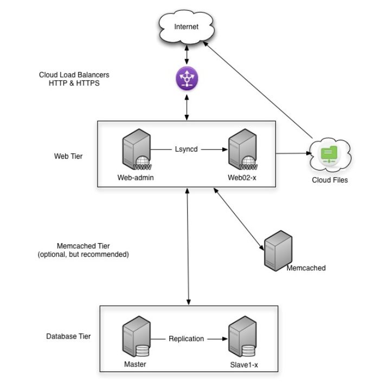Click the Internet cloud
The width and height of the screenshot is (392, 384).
186,26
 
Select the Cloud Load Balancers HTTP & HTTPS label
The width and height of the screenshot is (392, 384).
70,79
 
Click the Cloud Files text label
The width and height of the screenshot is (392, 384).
330,180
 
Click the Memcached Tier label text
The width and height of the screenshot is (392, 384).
83,249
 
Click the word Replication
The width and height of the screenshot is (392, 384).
186,339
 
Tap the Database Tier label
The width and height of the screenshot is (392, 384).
68,336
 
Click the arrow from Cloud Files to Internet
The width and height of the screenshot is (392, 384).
258,89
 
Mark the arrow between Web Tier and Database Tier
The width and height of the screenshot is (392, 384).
188,246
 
